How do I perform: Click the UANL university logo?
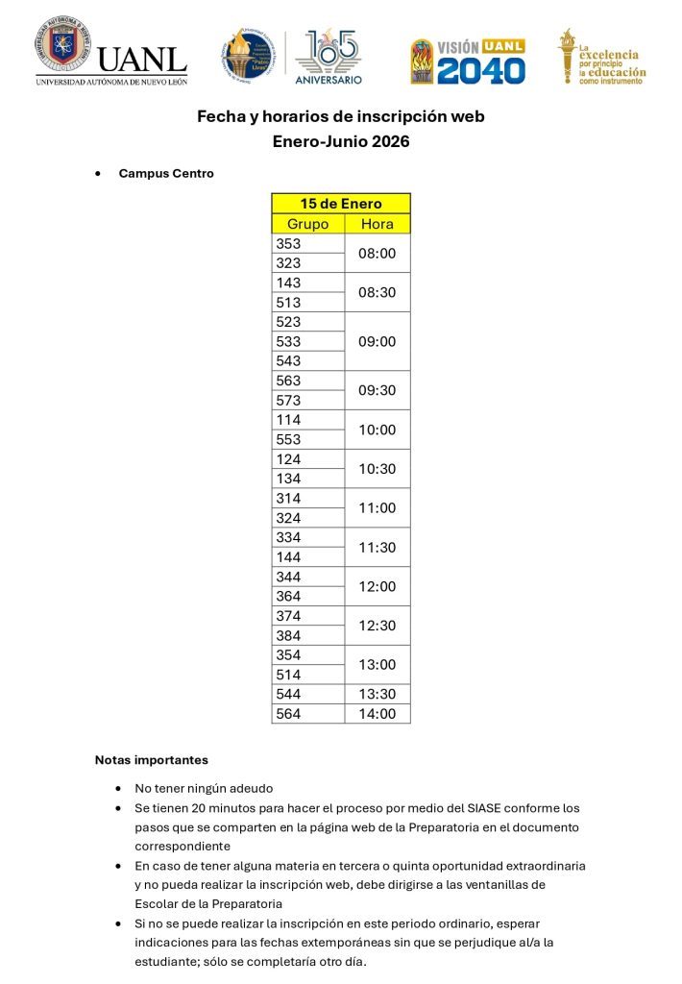point(111,53)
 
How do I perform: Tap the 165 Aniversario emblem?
point(327,56)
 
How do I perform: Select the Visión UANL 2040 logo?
point(468,61)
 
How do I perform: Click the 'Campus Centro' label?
point(166,174)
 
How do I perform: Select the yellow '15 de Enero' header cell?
point(341,204)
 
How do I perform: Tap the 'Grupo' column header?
point(308,224)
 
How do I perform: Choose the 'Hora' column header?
point(378,224)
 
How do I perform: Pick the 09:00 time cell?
point(378,341)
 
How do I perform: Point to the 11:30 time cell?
point(378,547)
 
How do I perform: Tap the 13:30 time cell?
point(378,694)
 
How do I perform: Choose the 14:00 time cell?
point(378,714)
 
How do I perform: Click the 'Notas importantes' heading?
point(151,760)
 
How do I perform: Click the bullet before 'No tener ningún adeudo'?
point(117,788)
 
